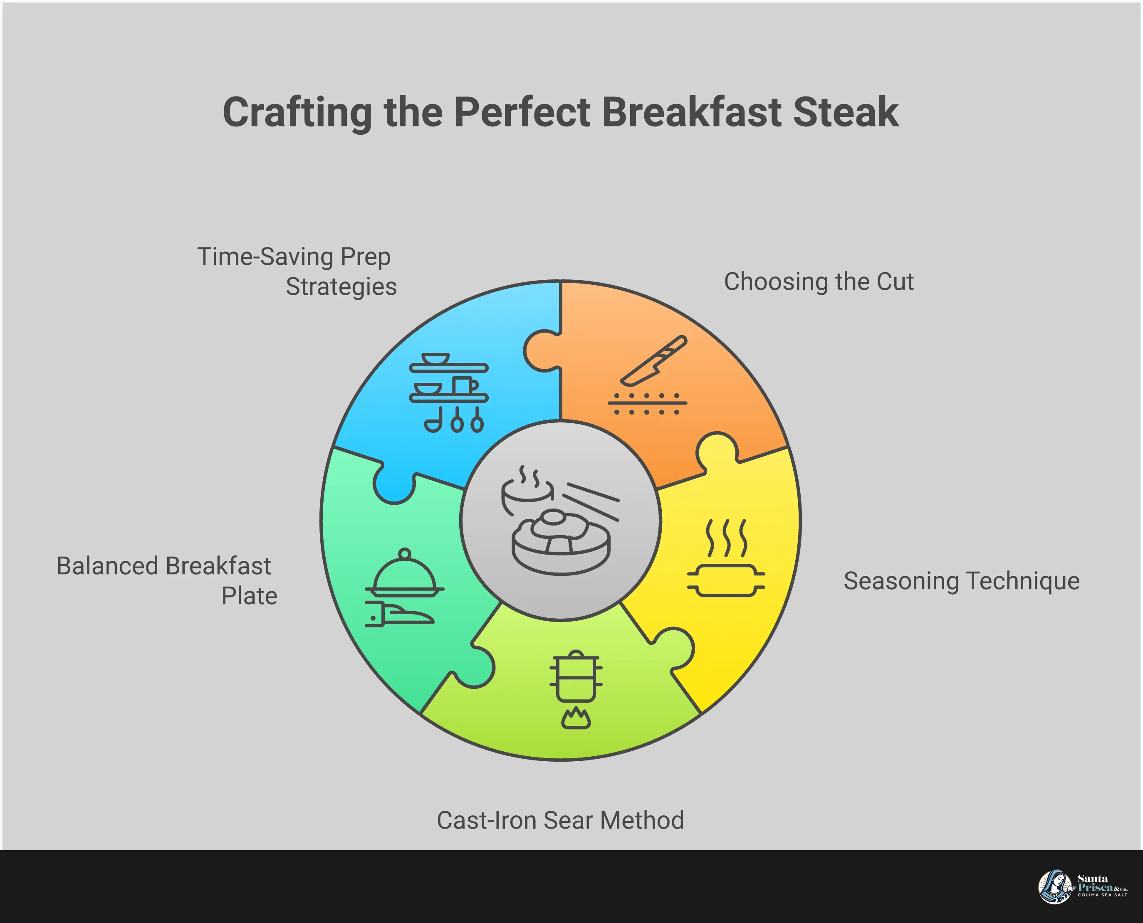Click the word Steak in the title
pyautogui.click(x=845, y=112)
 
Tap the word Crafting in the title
pyautogui.click(x=297, y=112)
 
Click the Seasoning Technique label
pyautogui.click(x=961, y=580)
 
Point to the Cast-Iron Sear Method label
pyautogui.click(x=560, y=820)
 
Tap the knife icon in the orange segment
pyautogui.click(x=654, y=360)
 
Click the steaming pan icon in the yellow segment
pyautogui.click(x=725, y=580)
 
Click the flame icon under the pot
pyautogui.click(x=576, y=719)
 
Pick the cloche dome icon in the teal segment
pyautogui.click(x=404, y=574)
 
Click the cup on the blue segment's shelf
pyautogui.click(x=464, y=385)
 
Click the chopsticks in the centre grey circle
pyautogui.click(x=591, y=500)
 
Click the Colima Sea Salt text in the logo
pyautogui.click(x=1102, y=895)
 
